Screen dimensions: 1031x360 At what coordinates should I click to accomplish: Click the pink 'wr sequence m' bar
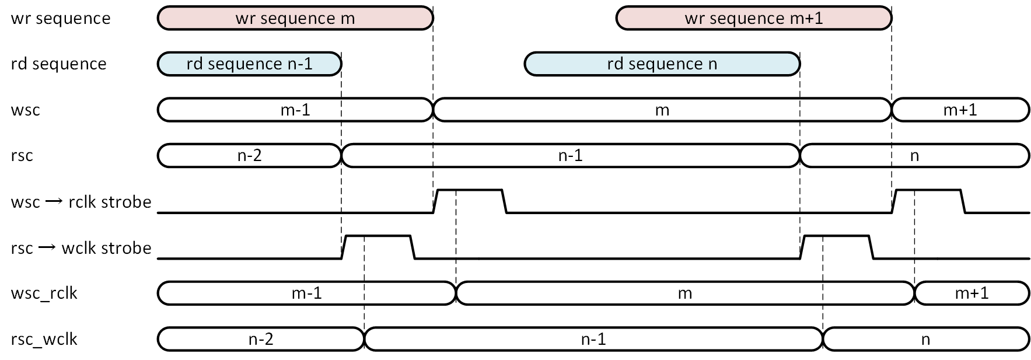pyautogui.click(x=295, y=18)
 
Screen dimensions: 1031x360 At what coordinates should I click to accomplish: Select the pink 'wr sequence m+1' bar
pyautogui.click(x=754, y=18)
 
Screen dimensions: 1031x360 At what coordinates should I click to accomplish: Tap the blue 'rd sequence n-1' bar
pyautogui.click(x=249, y=64)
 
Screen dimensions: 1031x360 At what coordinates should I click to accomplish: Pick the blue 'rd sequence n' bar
pyautogui.click(x=662, y=64)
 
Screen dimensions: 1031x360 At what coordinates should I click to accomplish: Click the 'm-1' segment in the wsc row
pyautogui.click(x=295, y=110)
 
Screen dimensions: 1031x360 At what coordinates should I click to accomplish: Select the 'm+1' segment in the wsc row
pyautogui.click(x=960, y=110)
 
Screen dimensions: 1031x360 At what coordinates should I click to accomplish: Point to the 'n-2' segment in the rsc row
pyautogui.click(x=249, y=155)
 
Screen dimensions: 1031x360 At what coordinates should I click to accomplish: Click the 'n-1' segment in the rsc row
pyautogui.click(x=571, y=155)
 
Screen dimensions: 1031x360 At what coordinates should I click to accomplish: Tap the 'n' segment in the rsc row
pyautogui.click(x=914, y=155)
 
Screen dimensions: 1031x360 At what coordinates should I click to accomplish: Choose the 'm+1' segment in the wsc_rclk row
pyautogui.click(x=972, y=293)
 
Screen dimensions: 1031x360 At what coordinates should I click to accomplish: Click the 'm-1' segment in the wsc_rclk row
pyautogui.click(x=307, y=293)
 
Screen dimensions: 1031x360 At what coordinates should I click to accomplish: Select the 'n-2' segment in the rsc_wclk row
pyautogui.click(x=261, y=339)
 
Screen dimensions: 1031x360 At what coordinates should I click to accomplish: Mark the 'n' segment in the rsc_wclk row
pyautogui.click(x=926, y=339)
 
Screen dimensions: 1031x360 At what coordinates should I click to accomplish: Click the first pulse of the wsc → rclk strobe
pyautogui.click(x=470, y=190)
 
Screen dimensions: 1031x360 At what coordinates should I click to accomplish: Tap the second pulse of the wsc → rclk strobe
pyautogui.click(x=928, y=190)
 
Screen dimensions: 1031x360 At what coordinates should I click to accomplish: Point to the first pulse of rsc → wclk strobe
pyautogui.click(x=378, y=236)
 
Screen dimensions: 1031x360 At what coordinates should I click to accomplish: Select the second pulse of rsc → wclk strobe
pyautogui.click(x=837, y=236)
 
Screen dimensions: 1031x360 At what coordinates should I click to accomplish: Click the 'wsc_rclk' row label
pyautogui.click(x=44, y=293)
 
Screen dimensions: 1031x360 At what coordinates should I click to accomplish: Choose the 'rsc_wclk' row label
pyautogui.click(x=44, y=340)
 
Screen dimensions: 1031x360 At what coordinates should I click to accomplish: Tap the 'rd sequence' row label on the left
pyautogui.click(x=58, y=64)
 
